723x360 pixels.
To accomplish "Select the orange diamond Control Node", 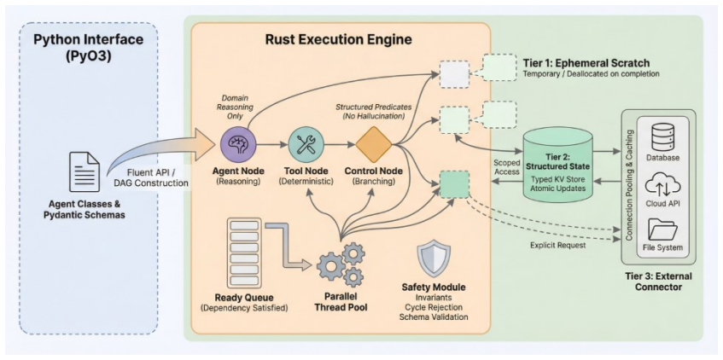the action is (374, 145).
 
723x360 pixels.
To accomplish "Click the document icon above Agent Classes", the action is (85, 172).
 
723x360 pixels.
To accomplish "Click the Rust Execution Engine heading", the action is (338, 39).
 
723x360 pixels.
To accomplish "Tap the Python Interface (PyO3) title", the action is (89, 48).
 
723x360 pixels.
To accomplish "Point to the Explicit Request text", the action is (558, 245).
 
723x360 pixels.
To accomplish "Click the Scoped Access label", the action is (506, 167).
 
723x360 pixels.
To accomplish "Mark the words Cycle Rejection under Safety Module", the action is (434, 307).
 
